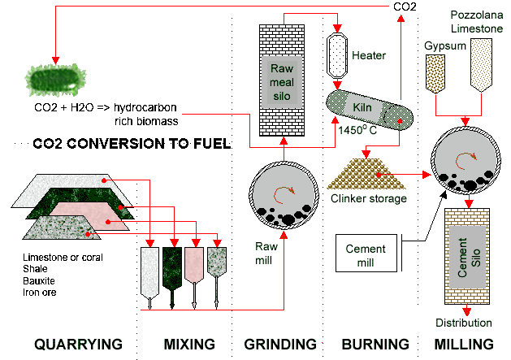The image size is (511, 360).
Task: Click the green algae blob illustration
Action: click(54, 80)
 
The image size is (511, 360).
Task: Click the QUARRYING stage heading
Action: click(78, 344)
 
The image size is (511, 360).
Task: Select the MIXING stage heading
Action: click(183, 344)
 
